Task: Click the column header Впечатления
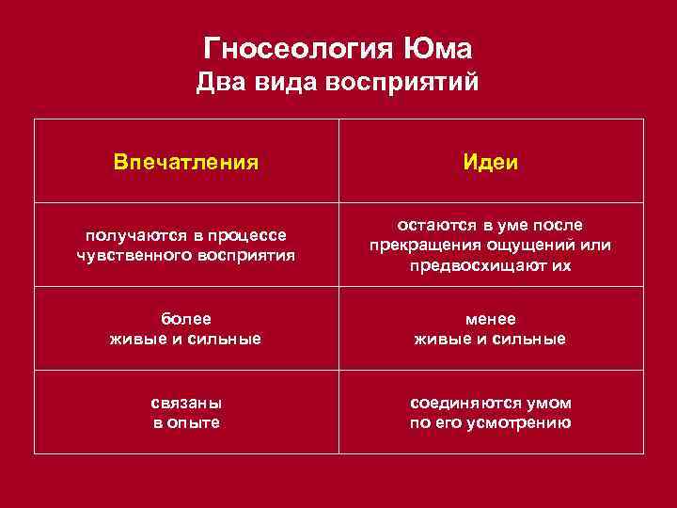click(x=186, y=162)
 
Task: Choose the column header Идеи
click(x=489, y=162)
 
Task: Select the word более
click(x=186, y=319)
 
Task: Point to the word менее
click(x=490, y=319)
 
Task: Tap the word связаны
click(x=186, y=403)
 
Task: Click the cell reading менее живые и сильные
click(x=490, y=329)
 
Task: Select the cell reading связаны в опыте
click(x=186, y=412)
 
